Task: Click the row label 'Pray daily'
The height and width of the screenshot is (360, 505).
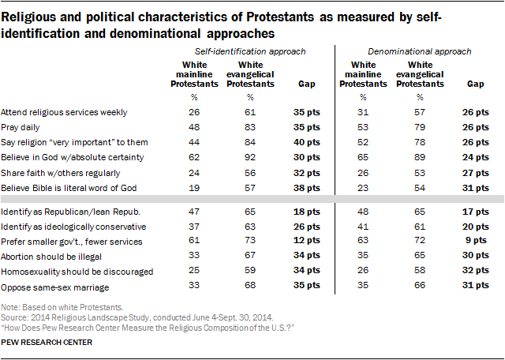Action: (x=21, y=126)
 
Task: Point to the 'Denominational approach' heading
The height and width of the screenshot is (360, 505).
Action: (x=421, y=51)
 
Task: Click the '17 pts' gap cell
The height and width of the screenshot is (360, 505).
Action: (x=473, y=212)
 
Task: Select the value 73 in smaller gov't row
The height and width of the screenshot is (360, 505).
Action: (x=249, y=241)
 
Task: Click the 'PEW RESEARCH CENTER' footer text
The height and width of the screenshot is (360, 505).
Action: (x=47, y=343)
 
